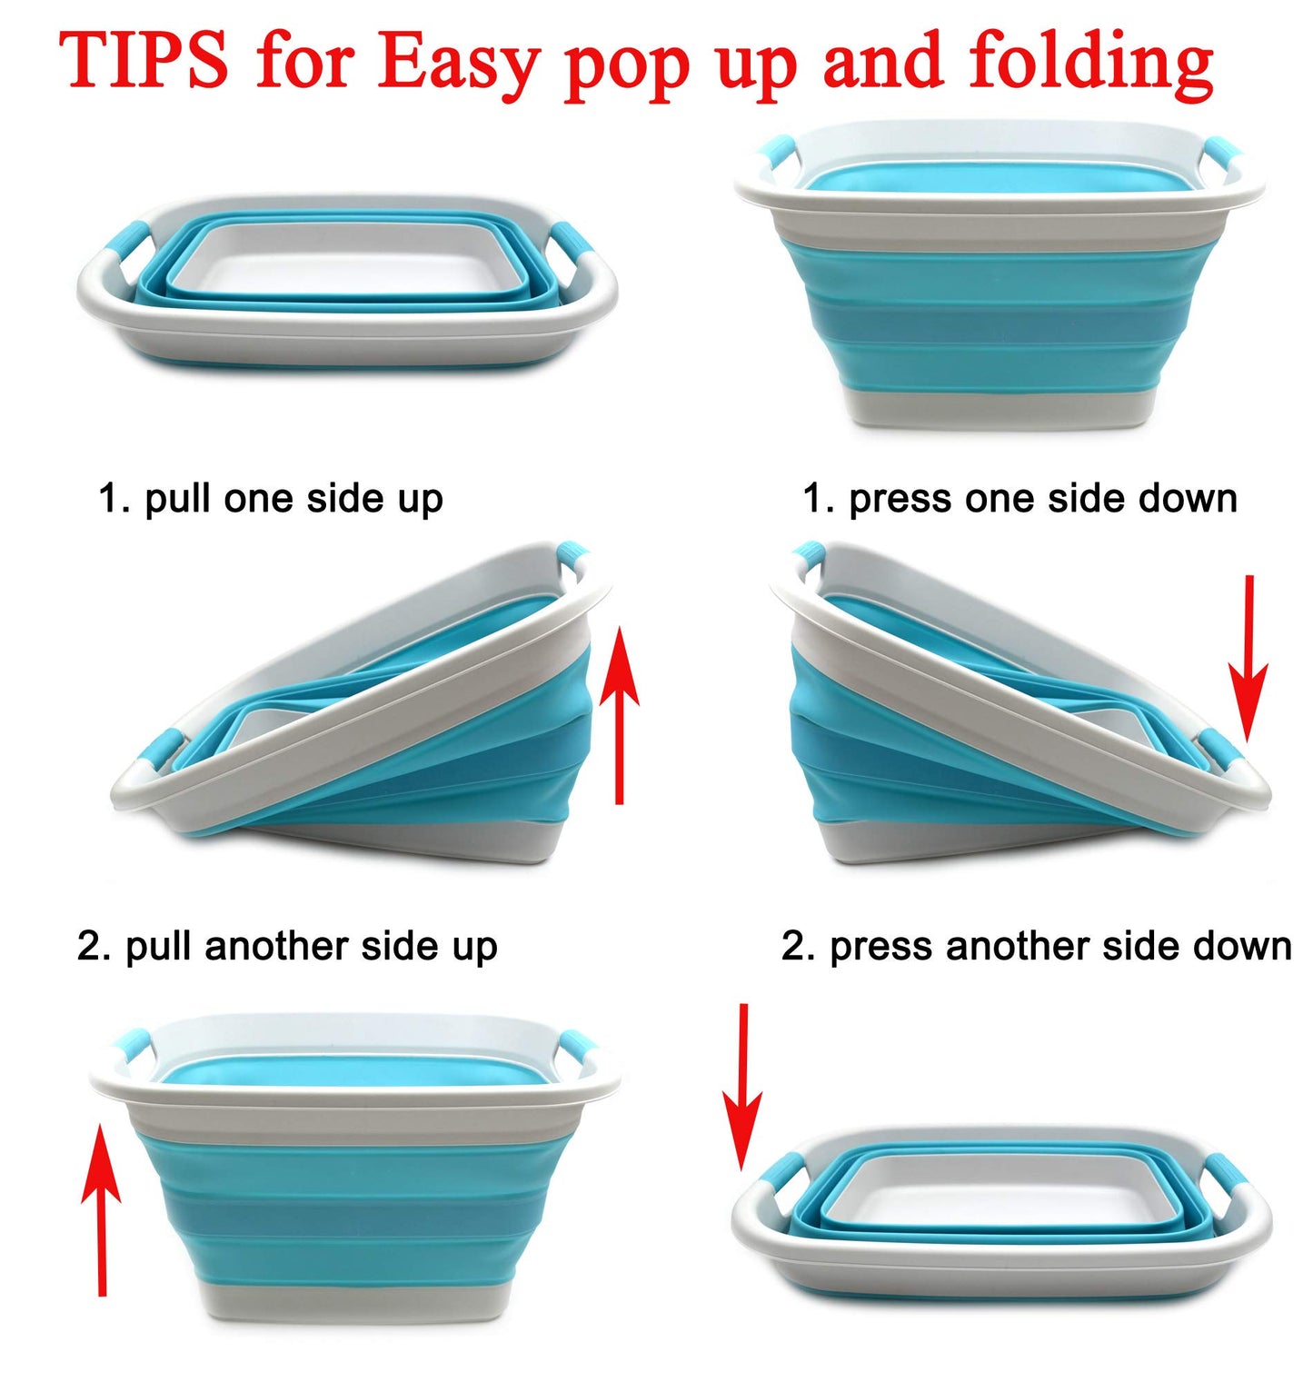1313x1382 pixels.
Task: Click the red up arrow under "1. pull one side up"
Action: [x=619, y=714]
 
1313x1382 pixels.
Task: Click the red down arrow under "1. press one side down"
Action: [x=1248, y=658]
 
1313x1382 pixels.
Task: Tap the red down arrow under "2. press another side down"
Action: [x=742, y=1087]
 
